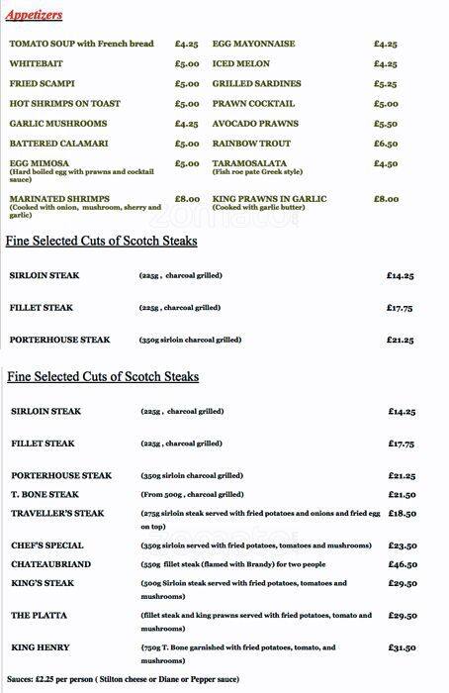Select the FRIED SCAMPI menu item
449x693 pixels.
tap(42, 84)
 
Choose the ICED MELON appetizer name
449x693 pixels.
tap(240, 64)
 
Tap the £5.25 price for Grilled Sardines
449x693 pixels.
tap(386, 84)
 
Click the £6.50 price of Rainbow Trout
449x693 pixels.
tap(386, 144)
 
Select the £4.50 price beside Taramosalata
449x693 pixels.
tap(386, 163)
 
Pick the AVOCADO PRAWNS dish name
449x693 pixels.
tap(254, 124)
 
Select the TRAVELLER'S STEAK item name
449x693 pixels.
tap(57, 513)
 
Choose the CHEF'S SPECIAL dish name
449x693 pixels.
tap(47, 545)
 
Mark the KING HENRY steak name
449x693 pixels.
tap(41, 647)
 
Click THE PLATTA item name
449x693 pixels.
tap(40, 616)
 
